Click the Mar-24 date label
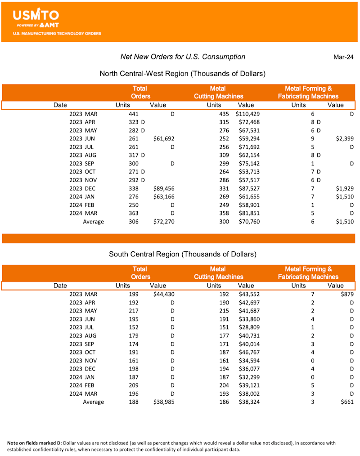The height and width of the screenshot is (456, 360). coord(343,57)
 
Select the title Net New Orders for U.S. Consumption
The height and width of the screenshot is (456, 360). coord(183,57)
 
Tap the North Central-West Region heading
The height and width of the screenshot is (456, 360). coord(182,73)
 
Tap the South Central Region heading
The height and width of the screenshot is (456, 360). coord(183,254)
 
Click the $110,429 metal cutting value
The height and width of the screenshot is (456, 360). coord(247,114)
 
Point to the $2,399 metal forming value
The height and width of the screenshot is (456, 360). coord(344,139)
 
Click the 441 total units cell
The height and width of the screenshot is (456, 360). coord(134,114)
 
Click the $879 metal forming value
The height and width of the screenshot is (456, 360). coord(347,295)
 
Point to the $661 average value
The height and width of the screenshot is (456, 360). coord(347,402)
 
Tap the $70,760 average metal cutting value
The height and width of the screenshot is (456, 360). coord(247,222)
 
